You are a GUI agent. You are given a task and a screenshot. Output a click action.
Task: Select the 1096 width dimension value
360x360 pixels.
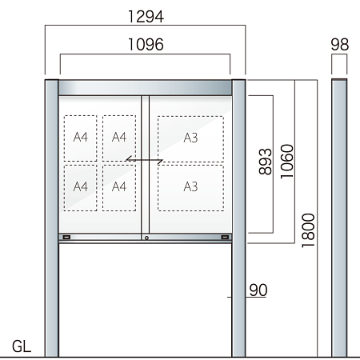tap(145, 45)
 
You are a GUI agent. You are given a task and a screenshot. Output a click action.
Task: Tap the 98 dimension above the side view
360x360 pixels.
tap(340, 45)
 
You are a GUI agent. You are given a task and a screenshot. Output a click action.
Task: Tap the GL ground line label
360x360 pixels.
tap(22, 348)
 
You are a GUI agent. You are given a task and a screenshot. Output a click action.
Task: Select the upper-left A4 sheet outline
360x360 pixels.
tap(80, 138)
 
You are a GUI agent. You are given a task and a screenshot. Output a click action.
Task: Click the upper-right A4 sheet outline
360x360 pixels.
tap(119, 138)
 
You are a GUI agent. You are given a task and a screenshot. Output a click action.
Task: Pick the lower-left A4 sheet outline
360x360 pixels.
tap(80, 186)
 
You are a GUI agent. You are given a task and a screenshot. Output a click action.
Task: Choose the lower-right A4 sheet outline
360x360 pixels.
tap(119, 186)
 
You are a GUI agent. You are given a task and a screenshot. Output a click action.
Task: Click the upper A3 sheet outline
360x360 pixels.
tap(190, 138)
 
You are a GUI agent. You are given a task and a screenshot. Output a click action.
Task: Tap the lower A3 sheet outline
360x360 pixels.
tap(190, 186)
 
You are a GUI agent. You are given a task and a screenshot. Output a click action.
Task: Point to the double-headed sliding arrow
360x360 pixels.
tap(145, 162)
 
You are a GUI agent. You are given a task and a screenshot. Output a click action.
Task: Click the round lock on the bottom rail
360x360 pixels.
tap(146, 238)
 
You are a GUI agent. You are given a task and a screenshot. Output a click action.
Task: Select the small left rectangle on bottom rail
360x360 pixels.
tap(66, 238)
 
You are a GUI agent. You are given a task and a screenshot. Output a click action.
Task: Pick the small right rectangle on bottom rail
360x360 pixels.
tap(225, 238)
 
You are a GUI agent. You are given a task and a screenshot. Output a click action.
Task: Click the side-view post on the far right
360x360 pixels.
tap(340, 216)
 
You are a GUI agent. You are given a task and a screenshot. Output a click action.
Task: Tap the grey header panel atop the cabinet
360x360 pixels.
tap(145, 87)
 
